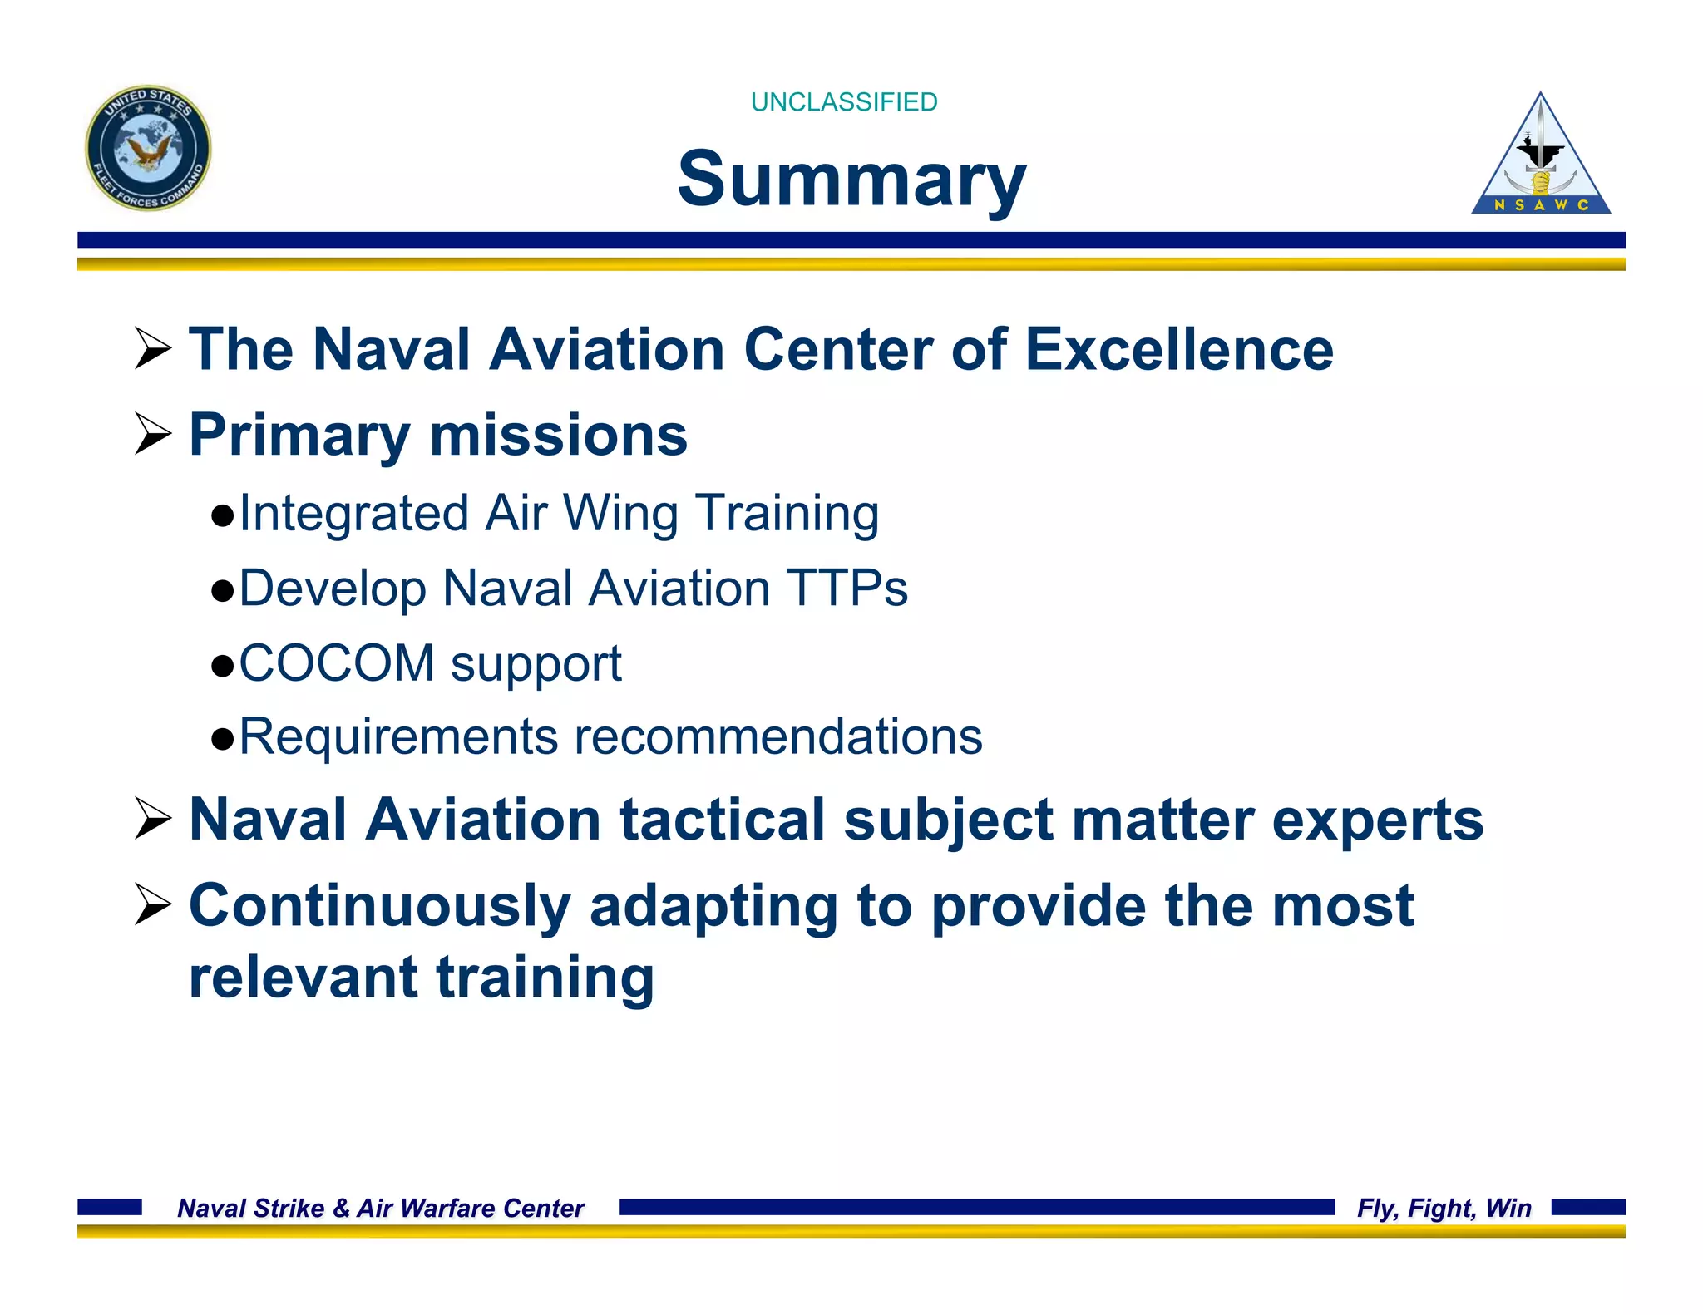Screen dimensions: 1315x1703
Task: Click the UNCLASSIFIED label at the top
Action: pyautogui.click(x=843, y=101)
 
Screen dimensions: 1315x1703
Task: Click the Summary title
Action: pyautogui.click(x=851, y=179)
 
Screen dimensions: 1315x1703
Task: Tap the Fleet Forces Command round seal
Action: pyautogui.click(x=148, y=148)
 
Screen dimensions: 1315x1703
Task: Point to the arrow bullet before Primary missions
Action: pyautogui.click(x=152, y=435)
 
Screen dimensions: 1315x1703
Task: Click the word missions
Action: pyautogui.click(x=558, y=435)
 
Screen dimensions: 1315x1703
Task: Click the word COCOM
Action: pyautogui.click(x=337, y=663)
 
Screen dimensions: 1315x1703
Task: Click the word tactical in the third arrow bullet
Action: pyautogui.click(x=722, y=820)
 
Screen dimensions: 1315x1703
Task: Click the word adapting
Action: pyautogui.click(x=713, y=906)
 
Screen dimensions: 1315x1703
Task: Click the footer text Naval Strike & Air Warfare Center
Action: pyautogui.click(x=381, y=1208)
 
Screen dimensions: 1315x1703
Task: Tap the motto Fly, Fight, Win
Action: pyautogui.click(x=1444, y=1208)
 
